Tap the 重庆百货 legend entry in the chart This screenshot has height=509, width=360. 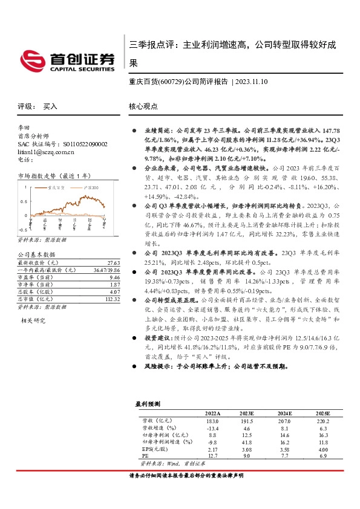pos(58,189)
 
